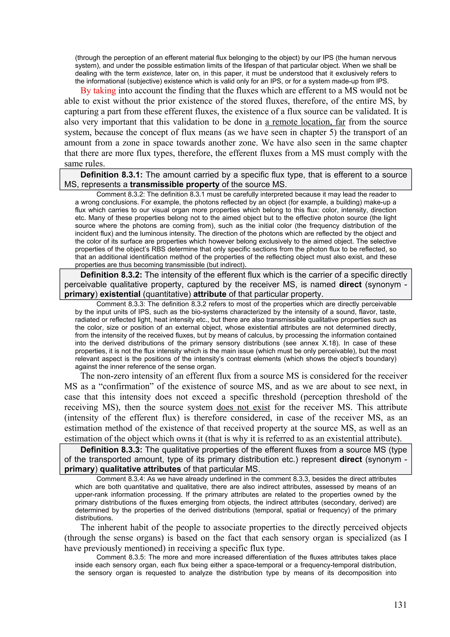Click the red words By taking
coord(98,91)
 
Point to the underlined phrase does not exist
coord(243,407)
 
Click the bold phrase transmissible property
coord(175,184)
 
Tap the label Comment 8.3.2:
coord(121,194)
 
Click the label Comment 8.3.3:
coord(121,304)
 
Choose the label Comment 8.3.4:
coord(121,479)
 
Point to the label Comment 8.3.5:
coord(121,557)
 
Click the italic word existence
coord(157,73)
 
